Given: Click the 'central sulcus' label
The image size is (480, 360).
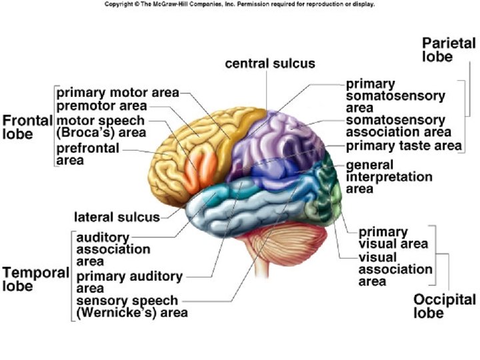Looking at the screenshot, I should (269, 64).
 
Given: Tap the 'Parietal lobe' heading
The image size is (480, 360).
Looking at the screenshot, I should (449, 50).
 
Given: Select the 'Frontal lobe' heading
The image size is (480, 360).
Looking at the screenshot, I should (27, 127).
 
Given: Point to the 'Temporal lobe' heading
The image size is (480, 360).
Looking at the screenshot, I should (35, 279).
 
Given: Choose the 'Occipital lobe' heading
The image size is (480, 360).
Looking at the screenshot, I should (444, 306).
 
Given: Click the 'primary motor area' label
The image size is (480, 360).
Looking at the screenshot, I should (117, 93).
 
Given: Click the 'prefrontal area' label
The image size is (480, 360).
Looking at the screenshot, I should (87, 153).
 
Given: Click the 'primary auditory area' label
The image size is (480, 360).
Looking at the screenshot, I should (129, 282).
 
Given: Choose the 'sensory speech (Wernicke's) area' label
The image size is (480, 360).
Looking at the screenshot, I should (131, 306).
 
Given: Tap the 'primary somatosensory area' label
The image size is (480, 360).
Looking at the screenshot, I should (395, 96).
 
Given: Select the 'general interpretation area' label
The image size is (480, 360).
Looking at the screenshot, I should (389, 177).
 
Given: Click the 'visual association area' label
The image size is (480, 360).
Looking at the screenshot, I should (395, 269).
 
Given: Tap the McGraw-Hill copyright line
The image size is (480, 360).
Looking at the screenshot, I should (240, 4).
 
